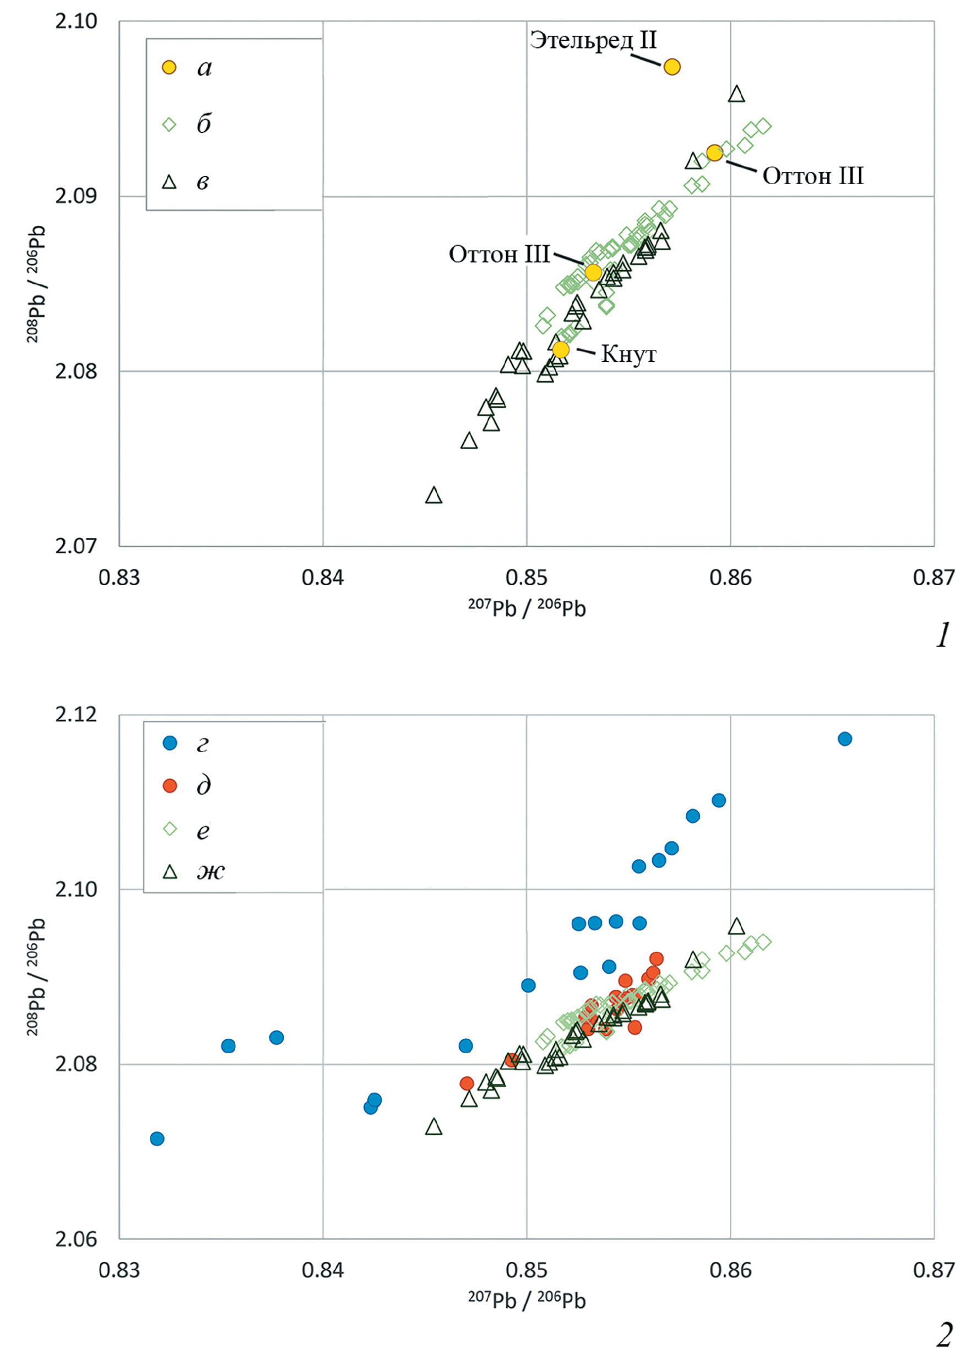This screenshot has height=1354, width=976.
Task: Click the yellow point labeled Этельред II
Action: coord(672,67)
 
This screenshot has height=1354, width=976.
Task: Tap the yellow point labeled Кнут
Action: coord(561,349)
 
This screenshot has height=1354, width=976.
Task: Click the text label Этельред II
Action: coord(593,41)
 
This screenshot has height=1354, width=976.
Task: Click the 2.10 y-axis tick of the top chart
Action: coord(76,21)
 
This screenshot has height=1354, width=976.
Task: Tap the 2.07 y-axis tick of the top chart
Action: coord(76,546)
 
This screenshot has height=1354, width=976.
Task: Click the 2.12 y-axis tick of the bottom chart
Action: coord(76,715)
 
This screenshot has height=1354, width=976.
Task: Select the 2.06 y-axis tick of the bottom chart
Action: coord(76,1239)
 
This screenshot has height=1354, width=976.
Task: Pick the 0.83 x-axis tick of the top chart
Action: coord(120,578)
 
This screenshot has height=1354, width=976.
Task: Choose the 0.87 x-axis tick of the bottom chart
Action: coord(934,1270)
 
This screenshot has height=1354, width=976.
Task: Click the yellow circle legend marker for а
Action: coord(170,67)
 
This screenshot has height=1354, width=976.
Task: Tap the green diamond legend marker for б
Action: coord(170,125)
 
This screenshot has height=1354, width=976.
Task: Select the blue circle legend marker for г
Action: coord(170,743)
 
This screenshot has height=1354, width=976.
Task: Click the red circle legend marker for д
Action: coord(170,786)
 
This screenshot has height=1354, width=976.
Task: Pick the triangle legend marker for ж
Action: coord(170,872)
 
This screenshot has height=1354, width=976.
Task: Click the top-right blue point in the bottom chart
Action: coord(845,739)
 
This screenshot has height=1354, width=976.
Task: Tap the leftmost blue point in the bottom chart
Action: coord(157,1139)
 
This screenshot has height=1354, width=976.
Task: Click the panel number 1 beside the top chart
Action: coord(942,636)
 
